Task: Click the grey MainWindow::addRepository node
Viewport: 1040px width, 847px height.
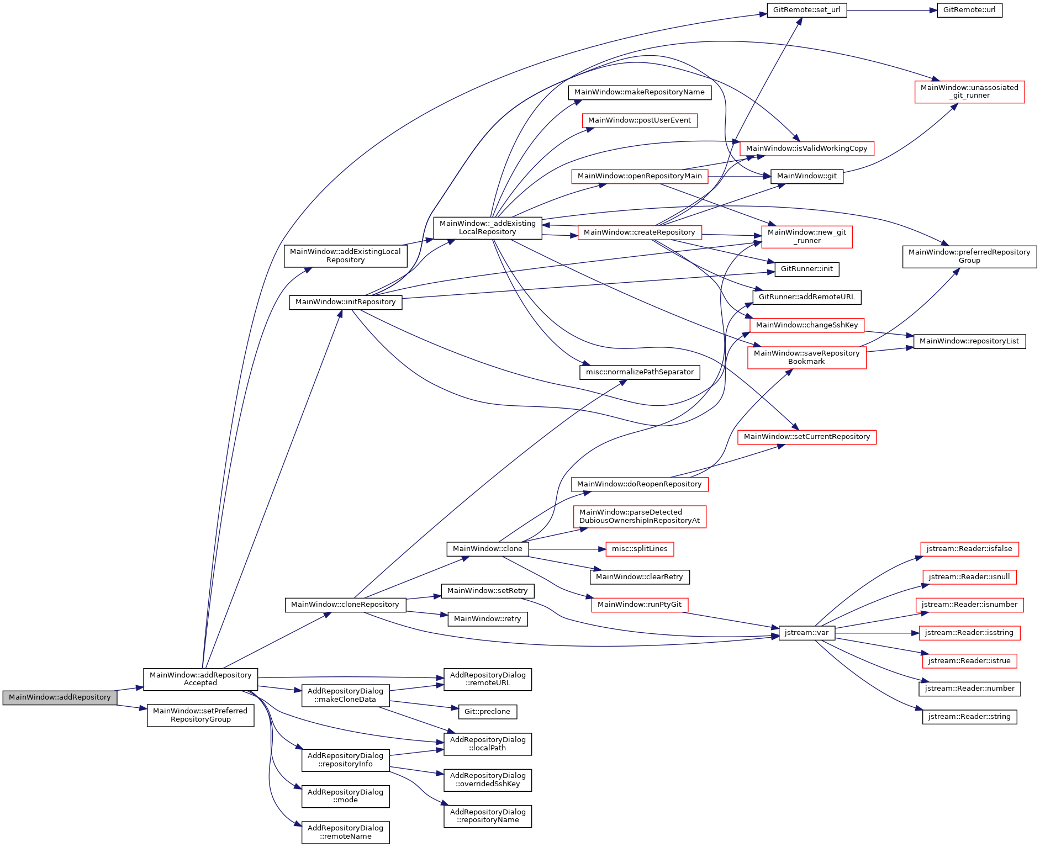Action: coord(60,697)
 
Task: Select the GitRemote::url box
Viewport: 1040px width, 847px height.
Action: coord(969,10)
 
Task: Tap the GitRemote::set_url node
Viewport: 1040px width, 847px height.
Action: coord(806,10)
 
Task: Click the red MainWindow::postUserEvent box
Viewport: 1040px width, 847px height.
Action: coord(640,120)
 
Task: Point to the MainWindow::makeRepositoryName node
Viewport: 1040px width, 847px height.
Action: coord(640,92)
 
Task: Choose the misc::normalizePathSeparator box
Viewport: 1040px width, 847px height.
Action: coord(640,372)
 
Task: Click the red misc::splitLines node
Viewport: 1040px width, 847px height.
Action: coord(640,549)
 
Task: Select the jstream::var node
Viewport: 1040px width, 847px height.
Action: coord(806,633)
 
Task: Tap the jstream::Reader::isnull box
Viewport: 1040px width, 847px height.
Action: coord(969,577)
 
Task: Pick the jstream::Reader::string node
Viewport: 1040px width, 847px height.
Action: coord(969,717)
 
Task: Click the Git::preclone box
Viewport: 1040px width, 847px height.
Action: coord(487,712)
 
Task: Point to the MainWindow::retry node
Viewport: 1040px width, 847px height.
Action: coord(487,619)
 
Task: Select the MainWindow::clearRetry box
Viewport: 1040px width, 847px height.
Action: coord(640,577)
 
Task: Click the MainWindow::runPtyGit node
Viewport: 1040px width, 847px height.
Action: coord(640,605)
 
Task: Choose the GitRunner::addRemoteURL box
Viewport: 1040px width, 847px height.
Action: coord(806,297)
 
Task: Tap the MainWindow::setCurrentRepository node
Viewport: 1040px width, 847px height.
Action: coord(806,437)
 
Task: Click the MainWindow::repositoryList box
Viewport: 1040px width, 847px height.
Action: coord(969,341)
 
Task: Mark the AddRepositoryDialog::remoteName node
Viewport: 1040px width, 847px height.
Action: coord(345,832)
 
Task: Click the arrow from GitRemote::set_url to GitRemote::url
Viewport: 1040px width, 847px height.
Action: coord(892,10)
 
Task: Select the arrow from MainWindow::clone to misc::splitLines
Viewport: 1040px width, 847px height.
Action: coord(563,549)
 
